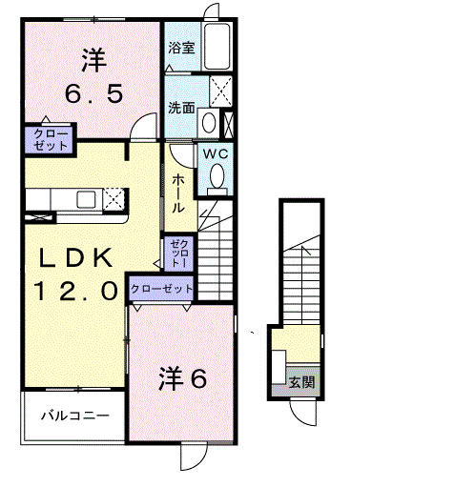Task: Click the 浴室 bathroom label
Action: tap(182, 47)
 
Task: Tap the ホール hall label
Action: tap(178, 193)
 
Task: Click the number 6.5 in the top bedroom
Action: tap(92, 93)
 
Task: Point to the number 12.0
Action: tap(78, 288)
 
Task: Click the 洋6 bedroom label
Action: tap(181, 379)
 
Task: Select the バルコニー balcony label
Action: tap(73, 416)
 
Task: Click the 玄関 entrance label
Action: tap(302, 382)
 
